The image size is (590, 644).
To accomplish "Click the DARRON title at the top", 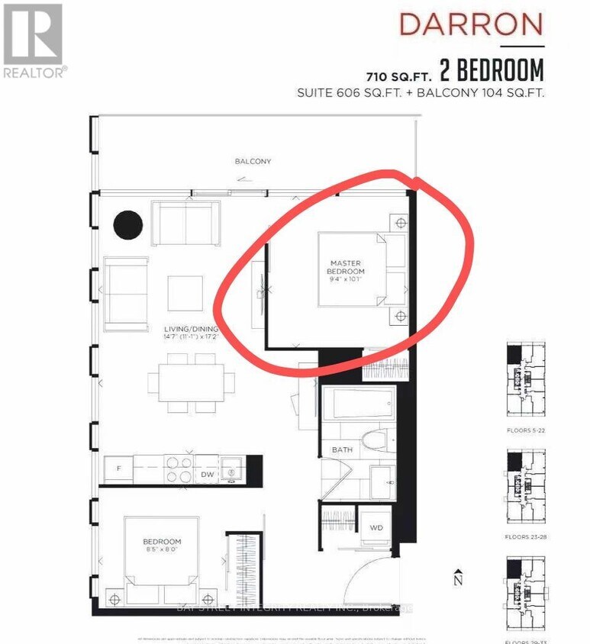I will (472, 24).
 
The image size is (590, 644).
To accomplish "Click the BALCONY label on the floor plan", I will (253, 162).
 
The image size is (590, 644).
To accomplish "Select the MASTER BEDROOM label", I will (346, 267).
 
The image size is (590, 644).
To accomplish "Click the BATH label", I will (342, 449).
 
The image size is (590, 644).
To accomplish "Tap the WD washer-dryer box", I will (376, 527).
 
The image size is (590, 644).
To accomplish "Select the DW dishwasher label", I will (206, 475).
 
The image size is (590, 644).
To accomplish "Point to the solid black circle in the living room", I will (128, 224).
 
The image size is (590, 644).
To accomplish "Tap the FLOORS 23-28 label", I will (527, 536).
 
